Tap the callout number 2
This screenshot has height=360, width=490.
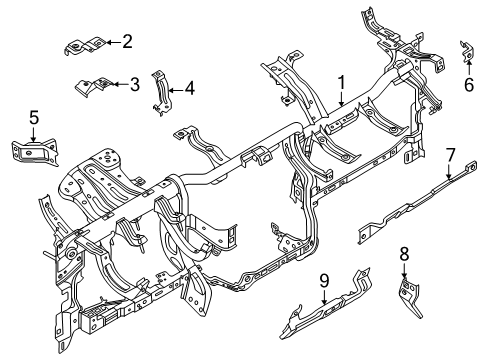pos(126,41)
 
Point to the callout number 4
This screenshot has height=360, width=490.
pos(190,88)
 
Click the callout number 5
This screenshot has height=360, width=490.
pos(34,119)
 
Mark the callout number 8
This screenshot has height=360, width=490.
pos(404,253)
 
